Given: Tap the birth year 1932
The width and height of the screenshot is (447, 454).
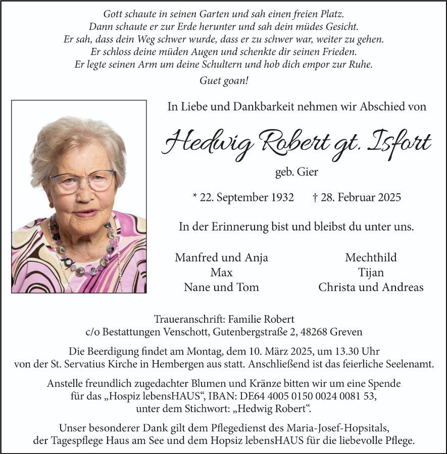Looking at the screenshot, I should [281, 197].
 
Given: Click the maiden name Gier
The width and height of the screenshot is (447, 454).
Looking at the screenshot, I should [308, 172].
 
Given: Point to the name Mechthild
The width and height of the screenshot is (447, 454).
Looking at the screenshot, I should [371, 258].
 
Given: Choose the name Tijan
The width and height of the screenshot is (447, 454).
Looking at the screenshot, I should [371, 273].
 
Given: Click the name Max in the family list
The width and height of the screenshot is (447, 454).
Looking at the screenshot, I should [221, 273].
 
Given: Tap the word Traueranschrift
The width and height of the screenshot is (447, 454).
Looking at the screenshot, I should [189, 319].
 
